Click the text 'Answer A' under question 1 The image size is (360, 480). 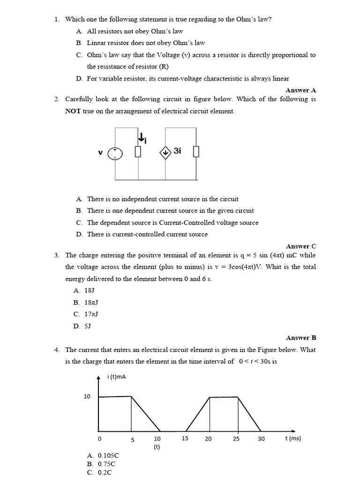300,90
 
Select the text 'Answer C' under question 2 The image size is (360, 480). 300,246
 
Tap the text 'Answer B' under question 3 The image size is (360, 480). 300,337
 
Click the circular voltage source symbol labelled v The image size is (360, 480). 115,153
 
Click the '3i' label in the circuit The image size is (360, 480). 177,151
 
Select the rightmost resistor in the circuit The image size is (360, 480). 196,152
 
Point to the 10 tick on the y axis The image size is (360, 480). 87,397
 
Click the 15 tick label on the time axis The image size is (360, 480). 185,439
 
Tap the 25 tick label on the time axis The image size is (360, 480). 236,439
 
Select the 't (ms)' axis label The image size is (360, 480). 293,439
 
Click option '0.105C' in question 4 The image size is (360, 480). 103,455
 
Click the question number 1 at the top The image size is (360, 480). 56,19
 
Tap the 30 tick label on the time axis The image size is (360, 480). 261,439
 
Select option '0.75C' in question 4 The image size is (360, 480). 101,464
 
